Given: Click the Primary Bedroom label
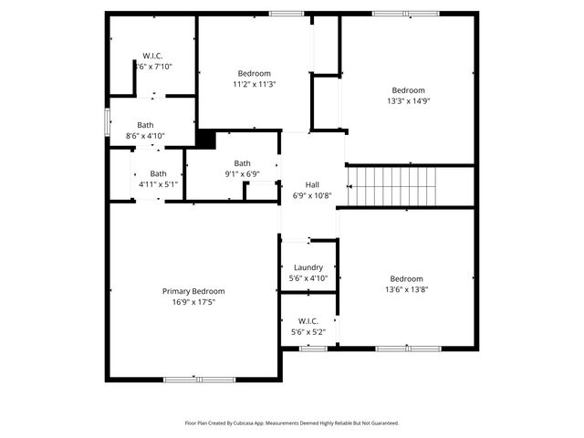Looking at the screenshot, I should pos(193,291).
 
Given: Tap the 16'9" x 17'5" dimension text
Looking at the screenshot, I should pos(193,302).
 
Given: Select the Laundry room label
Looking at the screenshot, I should pos(308,267).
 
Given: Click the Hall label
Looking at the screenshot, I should pos(312,183).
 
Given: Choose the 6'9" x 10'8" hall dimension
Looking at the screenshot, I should pos(312,195).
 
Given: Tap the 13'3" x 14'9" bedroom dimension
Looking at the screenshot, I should pos(408,102).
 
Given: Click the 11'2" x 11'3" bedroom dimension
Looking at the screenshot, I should pos(254,85).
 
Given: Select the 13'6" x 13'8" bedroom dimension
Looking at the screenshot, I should pos(406,290).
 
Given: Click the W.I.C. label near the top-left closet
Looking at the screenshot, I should pos(151,56).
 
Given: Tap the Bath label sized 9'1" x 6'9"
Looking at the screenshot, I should pos(241,163).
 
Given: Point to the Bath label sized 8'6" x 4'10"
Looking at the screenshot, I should pos(146,125).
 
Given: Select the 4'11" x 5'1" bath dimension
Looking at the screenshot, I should pos(158,184).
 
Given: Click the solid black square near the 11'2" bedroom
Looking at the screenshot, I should pos(206,139).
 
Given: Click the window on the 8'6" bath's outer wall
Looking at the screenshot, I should pos(107,123).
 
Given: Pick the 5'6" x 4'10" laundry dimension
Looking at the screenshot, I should pos(308,278).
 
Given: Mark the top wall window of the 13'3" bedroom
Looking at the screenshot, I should pos(405,14).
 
